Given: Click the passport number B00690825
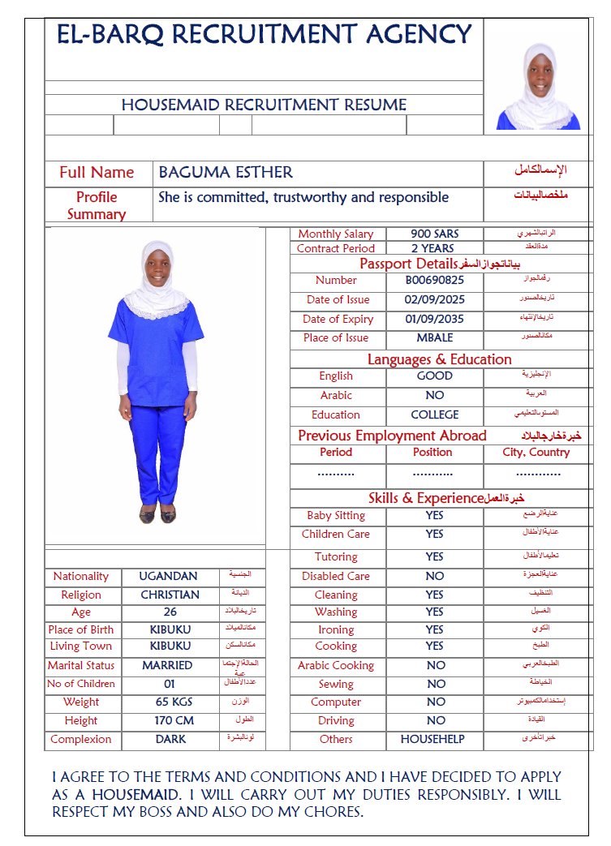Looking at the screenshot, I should click(434, 281).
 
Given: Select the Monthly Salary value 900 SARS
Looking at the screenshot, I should click(434, 234).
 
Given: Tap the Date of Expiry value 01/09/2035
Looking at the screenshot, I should click(434, 320).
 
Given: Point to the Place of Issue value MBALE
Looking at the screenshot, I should click(434, 338).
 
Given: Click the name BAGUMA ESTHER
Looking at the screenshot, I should click(226, 173).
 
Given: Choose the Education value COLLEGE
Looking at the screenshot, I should click(434, 414).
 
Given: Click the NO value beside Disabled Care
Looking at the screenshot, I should click(435, 576).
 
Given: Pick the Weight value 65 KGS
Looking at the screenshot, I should click(170, 702).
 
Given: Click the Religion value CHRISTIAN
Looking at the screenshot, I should click(170, 595).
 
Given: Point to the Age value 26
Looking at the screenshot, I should click(170, 612).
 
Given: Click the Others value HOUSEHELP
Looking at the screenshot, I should click(432, 739).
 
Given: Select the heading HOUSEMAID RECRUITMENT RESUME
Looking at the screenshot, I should click(264, 105).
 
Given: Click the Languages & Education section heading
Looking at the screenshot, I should click(439, 359).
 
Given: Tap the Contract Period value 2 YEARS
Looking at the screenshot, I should click(432, 248).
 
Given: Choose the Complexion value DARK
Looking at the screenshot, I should click(170, 739).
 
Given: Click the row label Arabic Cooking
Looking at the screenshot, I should click(336, 665).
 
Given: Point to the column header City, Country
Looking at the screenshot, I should click(536, 453).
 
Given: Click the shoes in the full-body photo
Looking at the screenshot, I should click(157, 514).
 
